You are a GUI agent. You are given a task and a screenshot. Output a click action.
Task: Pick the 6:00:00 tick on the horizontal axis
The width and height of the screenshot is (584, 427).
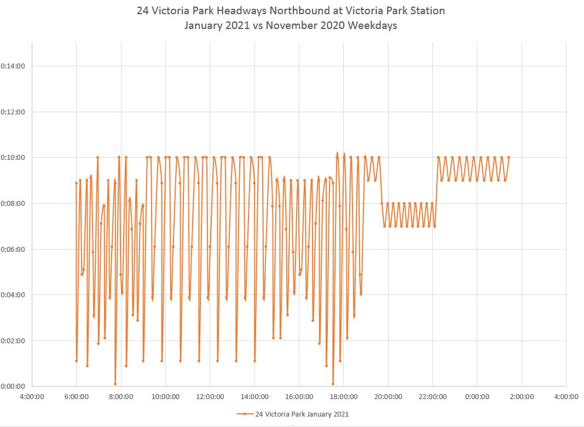point(77,396)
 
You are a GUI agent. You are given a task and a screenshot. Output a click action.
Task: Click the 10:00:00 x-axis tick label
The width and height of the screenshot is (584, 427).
point(165,396)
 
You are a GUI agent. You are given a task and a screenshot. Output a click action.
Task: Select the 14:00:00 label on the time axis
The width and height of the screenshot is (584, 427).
point(255,396)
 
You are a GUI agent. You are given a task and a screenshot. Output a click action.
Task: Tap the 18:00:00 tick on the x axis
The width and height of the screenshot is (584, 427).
point(343,396)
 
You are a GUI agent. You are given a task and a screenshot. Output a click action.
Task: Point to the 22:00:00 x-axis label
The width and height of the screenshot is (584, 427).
point(432,396)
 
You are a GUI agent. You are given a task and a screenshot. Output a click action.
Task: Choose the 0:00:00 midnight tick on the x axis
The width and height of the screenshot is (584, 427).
point(477,396)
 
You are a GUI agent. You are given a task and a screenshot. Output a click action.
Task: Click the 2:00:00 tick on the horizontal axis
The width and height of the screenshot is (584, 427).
point(521,396)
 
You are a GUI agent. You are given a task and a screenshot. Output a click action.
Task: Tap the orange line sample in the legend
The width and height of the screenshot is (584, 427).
point(245,414)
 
